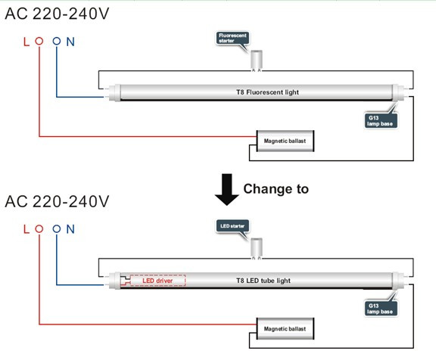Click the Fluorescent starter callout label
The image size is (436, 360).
(x=232, y=38)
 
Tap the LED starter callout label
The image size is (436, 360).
(x=232, y=226)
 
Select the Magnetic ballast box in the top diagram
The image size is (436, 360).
(x=285, y=141)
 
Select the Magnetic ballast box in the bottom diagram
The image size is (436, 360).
(x=285, y=329)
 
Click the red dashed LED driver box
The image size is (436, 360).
(x=157, y=281)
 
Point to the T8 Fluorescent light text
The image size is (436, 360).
(x=267, y=92)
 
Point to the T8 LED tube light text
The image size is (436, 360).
(x=263, y=281)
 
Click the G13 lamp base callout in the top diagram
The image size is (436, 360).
(x=381, y=121)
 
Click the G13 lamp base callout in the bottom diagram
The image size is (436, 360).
(x=381, y=309)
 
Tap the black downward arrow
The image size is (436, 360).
(x=227, y=190)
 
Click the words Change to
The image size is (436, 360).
(x=276, y=189)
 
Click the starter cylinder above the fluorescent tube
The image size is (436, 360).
(x=257, y=60)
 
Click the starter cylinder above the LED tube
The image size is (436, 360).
(x=257, y=248)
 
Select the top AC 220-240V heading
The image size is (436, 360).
(x=58, y=14)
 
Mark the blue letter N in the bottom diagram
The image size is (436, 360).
(x=70, y=229)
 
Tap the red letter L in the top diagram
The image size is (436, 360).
(x=26, y=42)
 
